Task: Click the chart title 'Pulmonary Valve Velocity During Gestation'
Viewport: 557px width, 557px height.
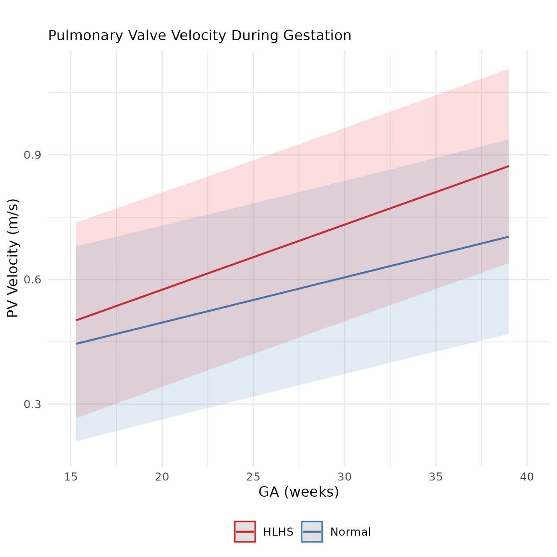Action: [200, 35]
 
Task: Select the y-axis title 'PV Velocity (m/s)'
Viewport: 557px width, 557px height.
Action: [13, 258]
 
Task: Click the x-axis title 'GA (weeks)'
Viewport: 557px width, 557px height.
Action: [298, 492]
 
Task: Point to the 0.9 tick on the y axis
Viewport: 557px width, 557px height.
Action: [32, 155]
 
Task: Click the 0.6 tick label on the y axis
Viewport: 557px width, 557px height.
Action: [32, 280]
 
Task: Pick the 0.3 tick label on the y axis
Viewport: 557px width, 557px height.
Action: [32, 404]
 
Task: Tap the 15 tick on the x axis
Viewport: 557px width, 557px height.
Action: [71, 477]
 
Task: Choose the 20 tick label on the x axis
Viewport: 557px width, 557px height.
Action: [162, 477]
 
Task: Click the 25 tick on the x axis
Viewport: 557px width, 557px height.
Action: [253, 477]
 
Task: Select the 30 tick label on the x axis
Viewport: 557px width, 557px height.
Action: [345, 477]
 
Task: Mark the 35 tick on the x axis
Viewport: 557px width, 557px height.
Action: [436, 477]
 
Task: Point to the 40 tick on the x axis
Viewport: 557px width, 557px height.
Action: [527, 477]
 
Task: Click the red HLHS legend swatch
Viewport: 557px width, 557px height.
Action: [245, 532]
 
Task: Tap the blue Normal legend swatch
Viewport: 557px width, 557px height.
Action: [312, 532]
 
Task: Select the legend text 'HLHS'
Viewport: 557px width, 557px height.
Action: [278, 532]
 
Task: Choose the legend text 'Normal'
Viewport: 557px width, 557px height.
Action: [351, 532]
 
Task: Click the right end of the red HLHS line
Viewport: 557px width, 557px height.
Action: [508, 166]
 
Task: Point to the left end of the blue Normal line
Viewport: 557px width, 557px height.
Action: [77, 344]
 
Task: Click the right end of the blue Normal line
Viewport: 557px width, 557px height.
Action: [508, 236]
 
